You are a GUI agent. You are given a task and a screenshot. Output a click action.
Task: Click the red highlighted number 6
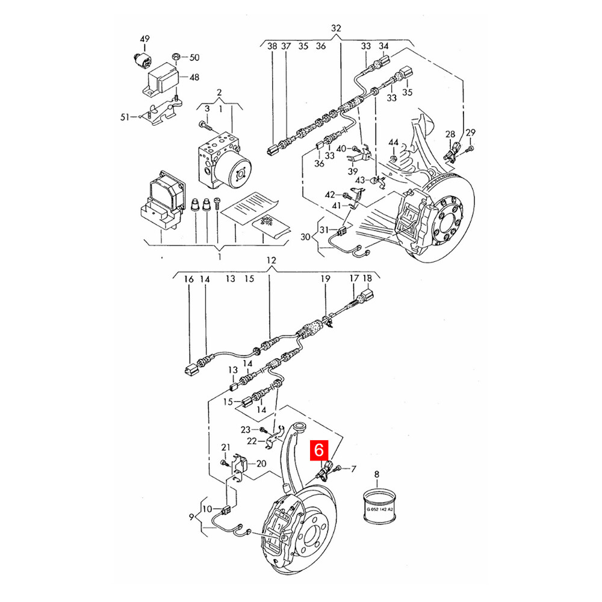[319, 449]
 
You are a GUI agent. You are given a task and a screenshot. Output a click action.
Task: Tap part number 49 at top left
[144, 39]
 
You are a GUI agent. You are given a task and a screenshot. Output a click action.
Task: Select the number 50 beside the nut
[194, 57]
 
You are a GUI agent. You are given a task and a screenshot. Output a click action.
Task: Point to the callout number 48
[194, 77]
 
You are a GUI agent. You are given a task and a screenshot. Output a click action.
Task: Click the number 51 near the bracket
[125, 117]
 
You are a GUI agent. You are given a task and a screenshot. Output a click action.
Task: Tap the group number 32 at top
[336, 28]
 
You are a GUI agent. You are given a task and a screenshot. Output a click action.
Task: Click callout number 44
[394, 143]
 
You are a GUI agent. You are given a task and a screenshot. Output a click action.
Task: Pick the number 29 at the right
[471, 132]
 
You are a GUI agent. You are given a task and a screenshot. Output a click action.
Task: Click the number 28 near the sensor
[450, 134]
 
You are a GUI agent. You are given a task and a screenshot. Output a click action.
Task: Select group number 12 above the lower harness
[271, 260]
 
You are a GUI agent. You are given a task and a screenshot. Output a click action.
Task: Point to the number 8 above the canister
[377, 474]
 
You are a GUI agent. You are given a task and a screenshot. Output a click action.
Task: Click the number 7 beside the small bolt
[353, 469]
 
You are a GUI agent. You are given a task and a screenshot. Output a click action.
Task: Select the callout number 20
[261, 464]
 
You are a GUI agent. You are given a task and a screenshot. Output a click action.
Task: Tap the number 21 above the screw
[226, 447]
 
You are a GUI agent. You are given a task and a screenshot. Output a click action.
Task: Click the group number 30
[305, 237]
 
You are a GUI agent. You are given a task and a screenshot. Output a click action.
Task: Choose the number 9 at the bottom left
[191, 517]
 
